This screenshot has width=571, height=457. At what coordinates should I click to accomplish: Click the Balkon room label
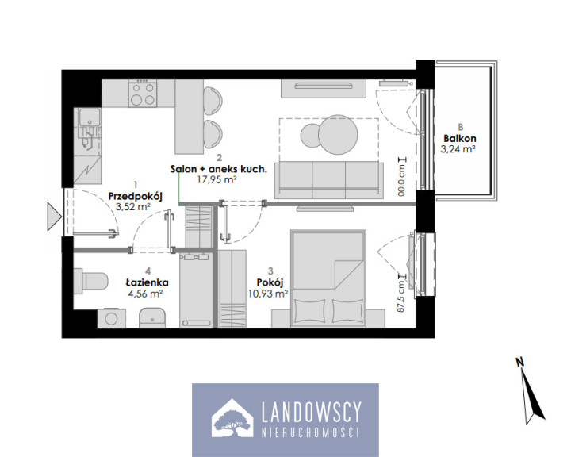459,139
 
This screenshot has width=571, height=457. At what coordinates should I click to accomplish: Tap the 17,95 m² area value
217,179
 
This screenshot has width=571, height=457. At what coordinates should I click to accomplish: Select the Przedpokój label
135,197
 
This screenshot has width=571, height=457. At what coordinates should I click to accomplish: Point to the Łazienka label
148,282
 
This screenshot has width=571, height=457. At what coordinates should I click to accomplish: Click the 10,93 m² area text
268,294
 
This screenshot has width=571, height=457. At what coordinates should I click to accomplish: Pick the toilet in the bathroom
91,282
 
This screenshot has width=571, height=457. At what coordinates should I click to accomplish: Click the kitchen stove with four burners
143,94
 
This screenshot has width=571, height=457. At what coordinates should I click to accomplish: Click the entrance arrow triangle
54,217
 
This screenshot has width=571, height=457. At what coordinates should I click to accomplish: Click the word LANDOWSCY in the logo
312,412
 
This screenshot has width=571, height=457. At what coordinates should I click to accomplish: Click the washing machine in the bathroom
112,318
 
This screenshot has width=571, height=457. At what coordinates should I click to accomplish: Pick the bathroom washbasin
152,317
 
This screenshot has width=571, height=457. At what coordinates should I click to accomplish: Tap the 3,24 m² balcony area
458,149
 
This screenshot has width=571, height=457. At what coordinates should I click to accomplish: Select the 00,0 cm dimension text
401,177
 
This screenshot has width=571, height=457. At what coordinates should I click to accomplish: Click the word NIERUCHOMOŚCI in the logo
311,432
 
